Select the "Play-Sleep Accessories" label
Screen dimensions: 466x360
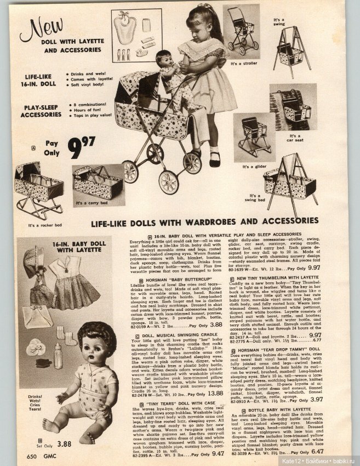[41, 112]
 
